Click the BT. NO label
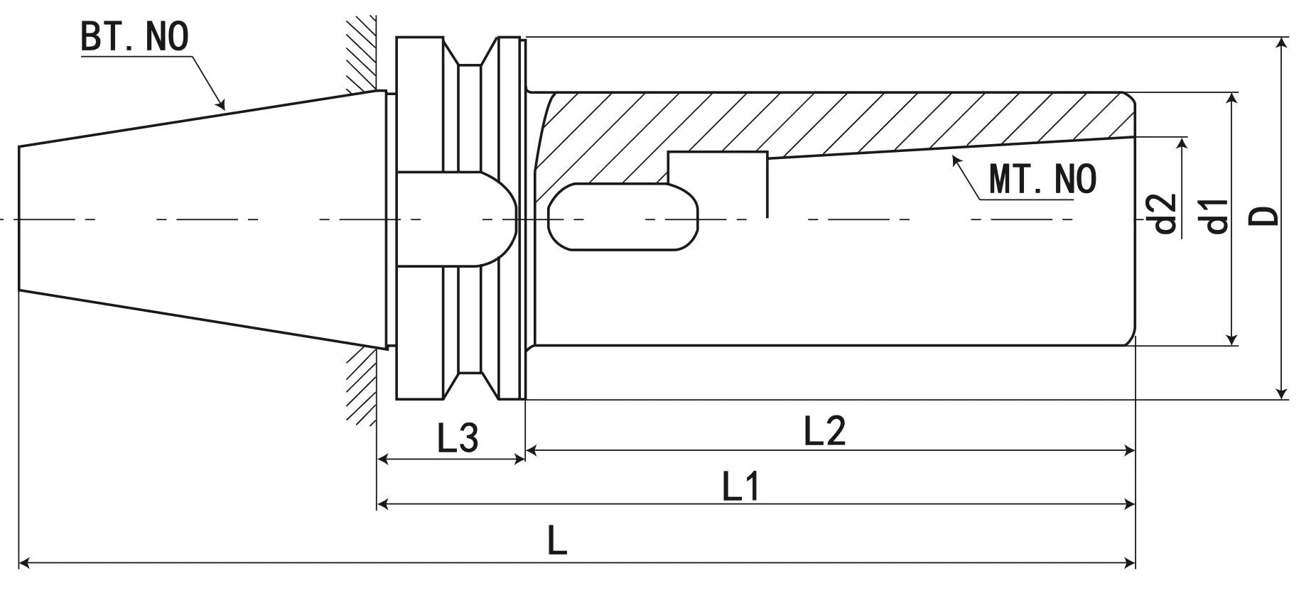[134, 37]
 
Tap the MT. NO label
[1042, 179]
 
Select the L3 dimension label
[458, 438]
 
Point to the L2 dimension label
[824, 431]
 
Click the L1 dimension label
[741, 487]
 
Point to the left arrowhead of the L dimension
[23, 563]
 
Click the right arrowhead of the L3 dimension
[519, 459]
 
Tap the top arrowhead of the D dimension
[1281, 43]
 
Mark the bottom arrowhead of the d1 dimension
[1233, 339]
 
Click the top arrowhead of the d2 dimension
[1182, 143]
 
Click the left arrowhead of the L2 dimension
[531, 449]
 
